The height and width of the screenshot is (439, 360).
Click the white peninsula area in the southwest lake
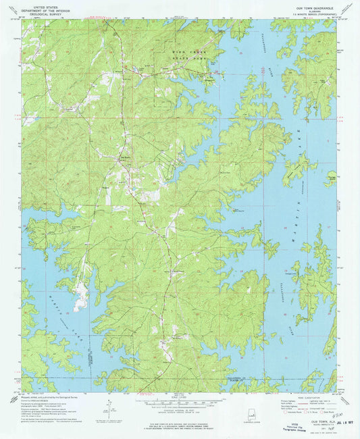[x=81, y=295]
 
